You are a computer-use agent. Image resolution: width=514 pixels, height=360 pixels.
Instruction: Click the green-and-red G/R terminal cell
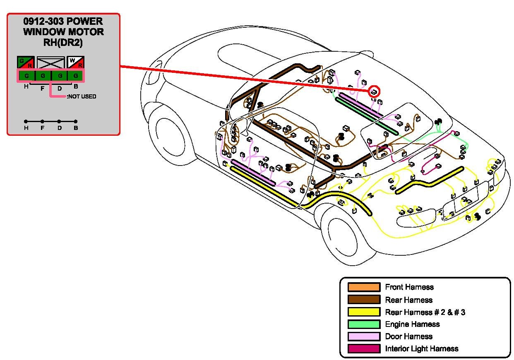tap(26, 62)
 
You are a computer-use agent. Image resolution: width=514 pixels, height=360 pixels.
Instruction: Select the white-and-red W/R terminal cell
tap(76, 62)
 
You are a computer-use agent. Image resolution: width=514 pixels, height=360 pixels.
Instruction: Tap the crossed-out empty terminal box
tap(51, 62)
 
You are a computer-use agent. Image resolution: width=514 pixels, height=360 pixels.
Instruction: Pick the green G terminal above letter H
tap(26, 76)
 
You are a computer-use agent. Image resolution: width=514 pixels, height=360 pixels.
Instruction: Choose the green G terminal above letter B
tap(76, 76)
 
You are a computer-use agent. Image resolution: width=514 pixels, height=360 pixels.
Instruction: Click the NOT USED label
tap(82, 96)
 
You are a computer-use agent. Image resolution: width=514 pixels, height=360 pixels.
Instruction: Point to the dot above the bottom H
tap(26, 121)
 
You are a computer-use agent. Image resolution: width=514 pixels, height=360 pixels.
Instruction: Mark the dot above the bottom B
tap(76, 121)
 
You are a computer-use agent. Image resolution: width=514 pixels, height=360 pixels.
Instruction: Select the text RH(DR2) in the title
tap(63, 41)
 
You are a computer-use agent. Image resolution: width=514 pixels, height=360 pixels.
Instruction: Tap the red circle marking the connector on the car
tap(374, 92)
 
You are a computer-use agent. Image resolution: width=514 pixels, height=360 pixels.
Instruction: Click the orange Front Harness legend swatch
tap(364, 287)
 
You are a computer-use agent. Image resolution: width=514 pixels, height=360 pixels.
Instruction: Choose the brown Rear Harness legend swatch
tap(364, 300)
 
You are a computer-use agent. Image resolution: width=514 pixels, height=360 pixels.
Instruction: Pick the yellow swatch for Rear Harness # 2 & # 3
tap(364, 312)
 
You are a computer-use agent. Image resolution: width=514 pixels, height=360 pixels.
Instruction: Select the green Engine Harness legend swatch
tap(364, 324)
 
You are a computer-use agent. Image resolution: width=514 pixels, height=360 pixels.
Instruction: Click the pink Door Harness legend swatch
tap(364, 336)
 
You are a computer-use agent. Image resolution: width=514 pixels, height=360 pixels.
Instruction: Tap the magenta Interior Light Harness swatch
tap(364, 349)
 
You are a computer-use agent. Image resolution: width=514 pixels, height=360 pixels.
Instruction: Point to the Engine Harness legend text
tap(412, 324)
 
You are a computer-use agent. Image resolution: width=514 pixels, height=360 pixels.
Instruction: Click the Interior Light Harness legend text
tap(422, 349)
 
